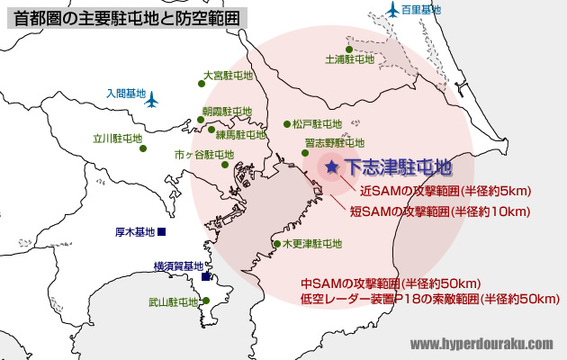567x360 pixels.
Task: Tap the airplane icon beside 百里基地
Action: [x=391, y=10]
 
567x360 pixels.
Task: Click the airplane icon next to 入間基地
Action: [x=152, y=98]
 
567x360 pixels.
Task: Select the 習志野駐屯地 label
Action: [x=334, y=142]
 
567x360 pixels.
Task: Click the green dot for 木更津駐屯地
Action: [x=276, y=243]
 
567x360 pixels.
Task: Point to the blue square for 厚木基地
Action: [x=162, y=232]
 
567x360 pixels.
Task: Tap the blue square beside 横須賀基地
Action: [x=206, y=276]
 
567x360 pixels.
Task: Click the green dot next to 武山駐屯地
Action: [x=206, y=301]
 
